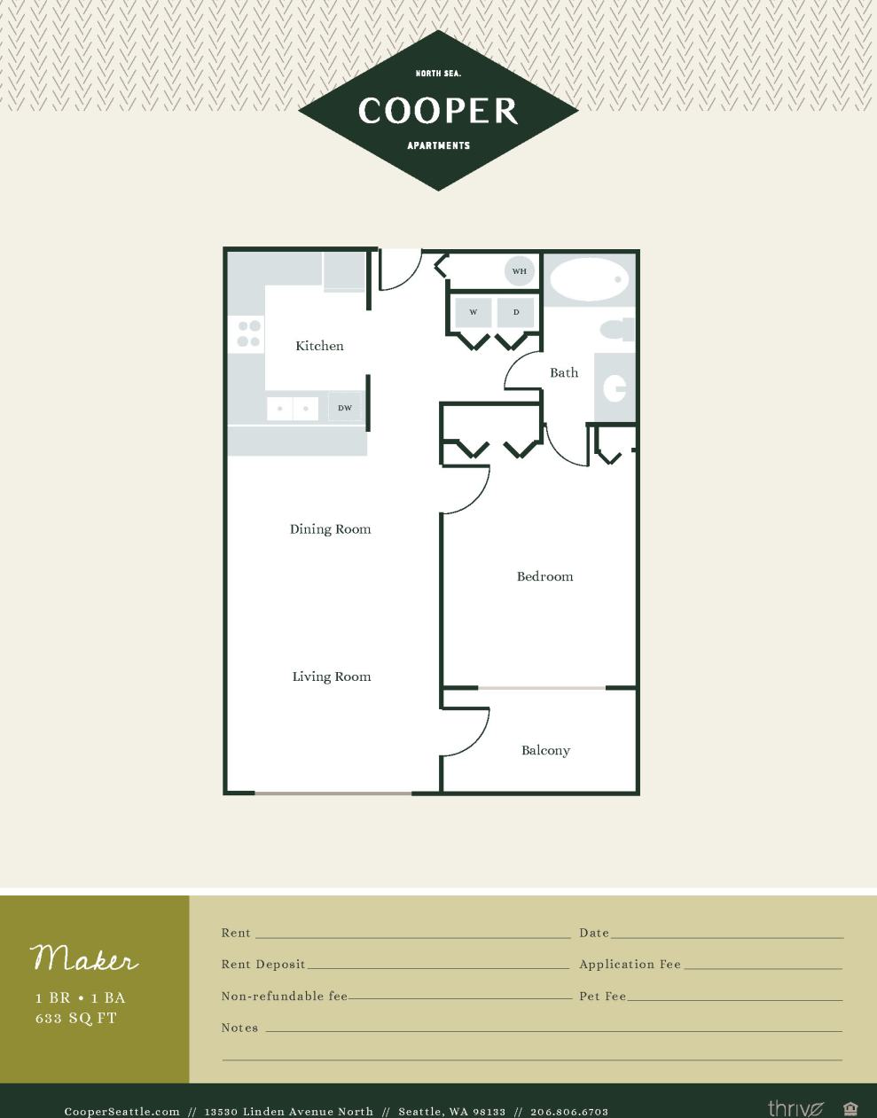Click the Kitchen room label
point(319,346)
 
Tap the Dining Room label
point(330,529)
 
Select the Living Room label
point(332,676)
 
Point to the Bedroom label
point(544,576)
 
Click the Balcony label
point(545,750)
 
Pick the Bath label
point(564,372)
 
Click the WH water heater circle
point(520,271)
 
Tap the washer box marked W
point(474,312)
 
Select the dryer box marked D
point(516,312)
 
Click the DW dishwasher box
point(345,408)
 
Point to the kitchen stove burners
point(248,334)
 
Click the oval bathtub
point(589,280)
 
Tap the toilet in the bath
point(617,330)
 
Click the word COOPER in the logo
point(438,111)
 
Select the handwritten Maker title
point(85,958)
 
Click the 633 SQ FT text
point(76,1019)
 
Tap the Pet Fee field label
point(603,997)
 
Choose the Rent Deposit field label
point(263,965)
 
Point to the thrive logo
point(795,1108)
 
